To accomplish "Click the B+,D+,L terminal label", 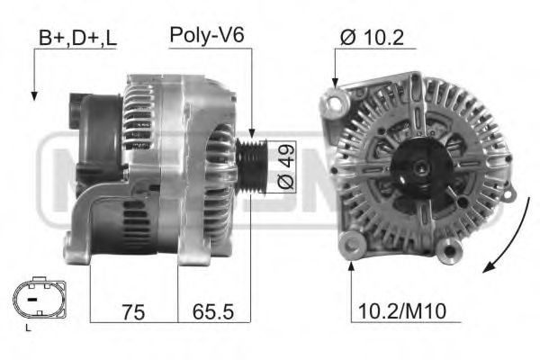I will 77,39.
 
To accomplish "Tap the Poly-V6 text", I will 207,36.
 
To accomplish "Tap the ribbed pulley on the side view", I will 253,166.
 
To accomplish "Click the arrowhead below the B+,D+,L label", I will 34,94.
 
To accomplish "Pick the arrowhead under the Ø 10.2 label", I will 336,83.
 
